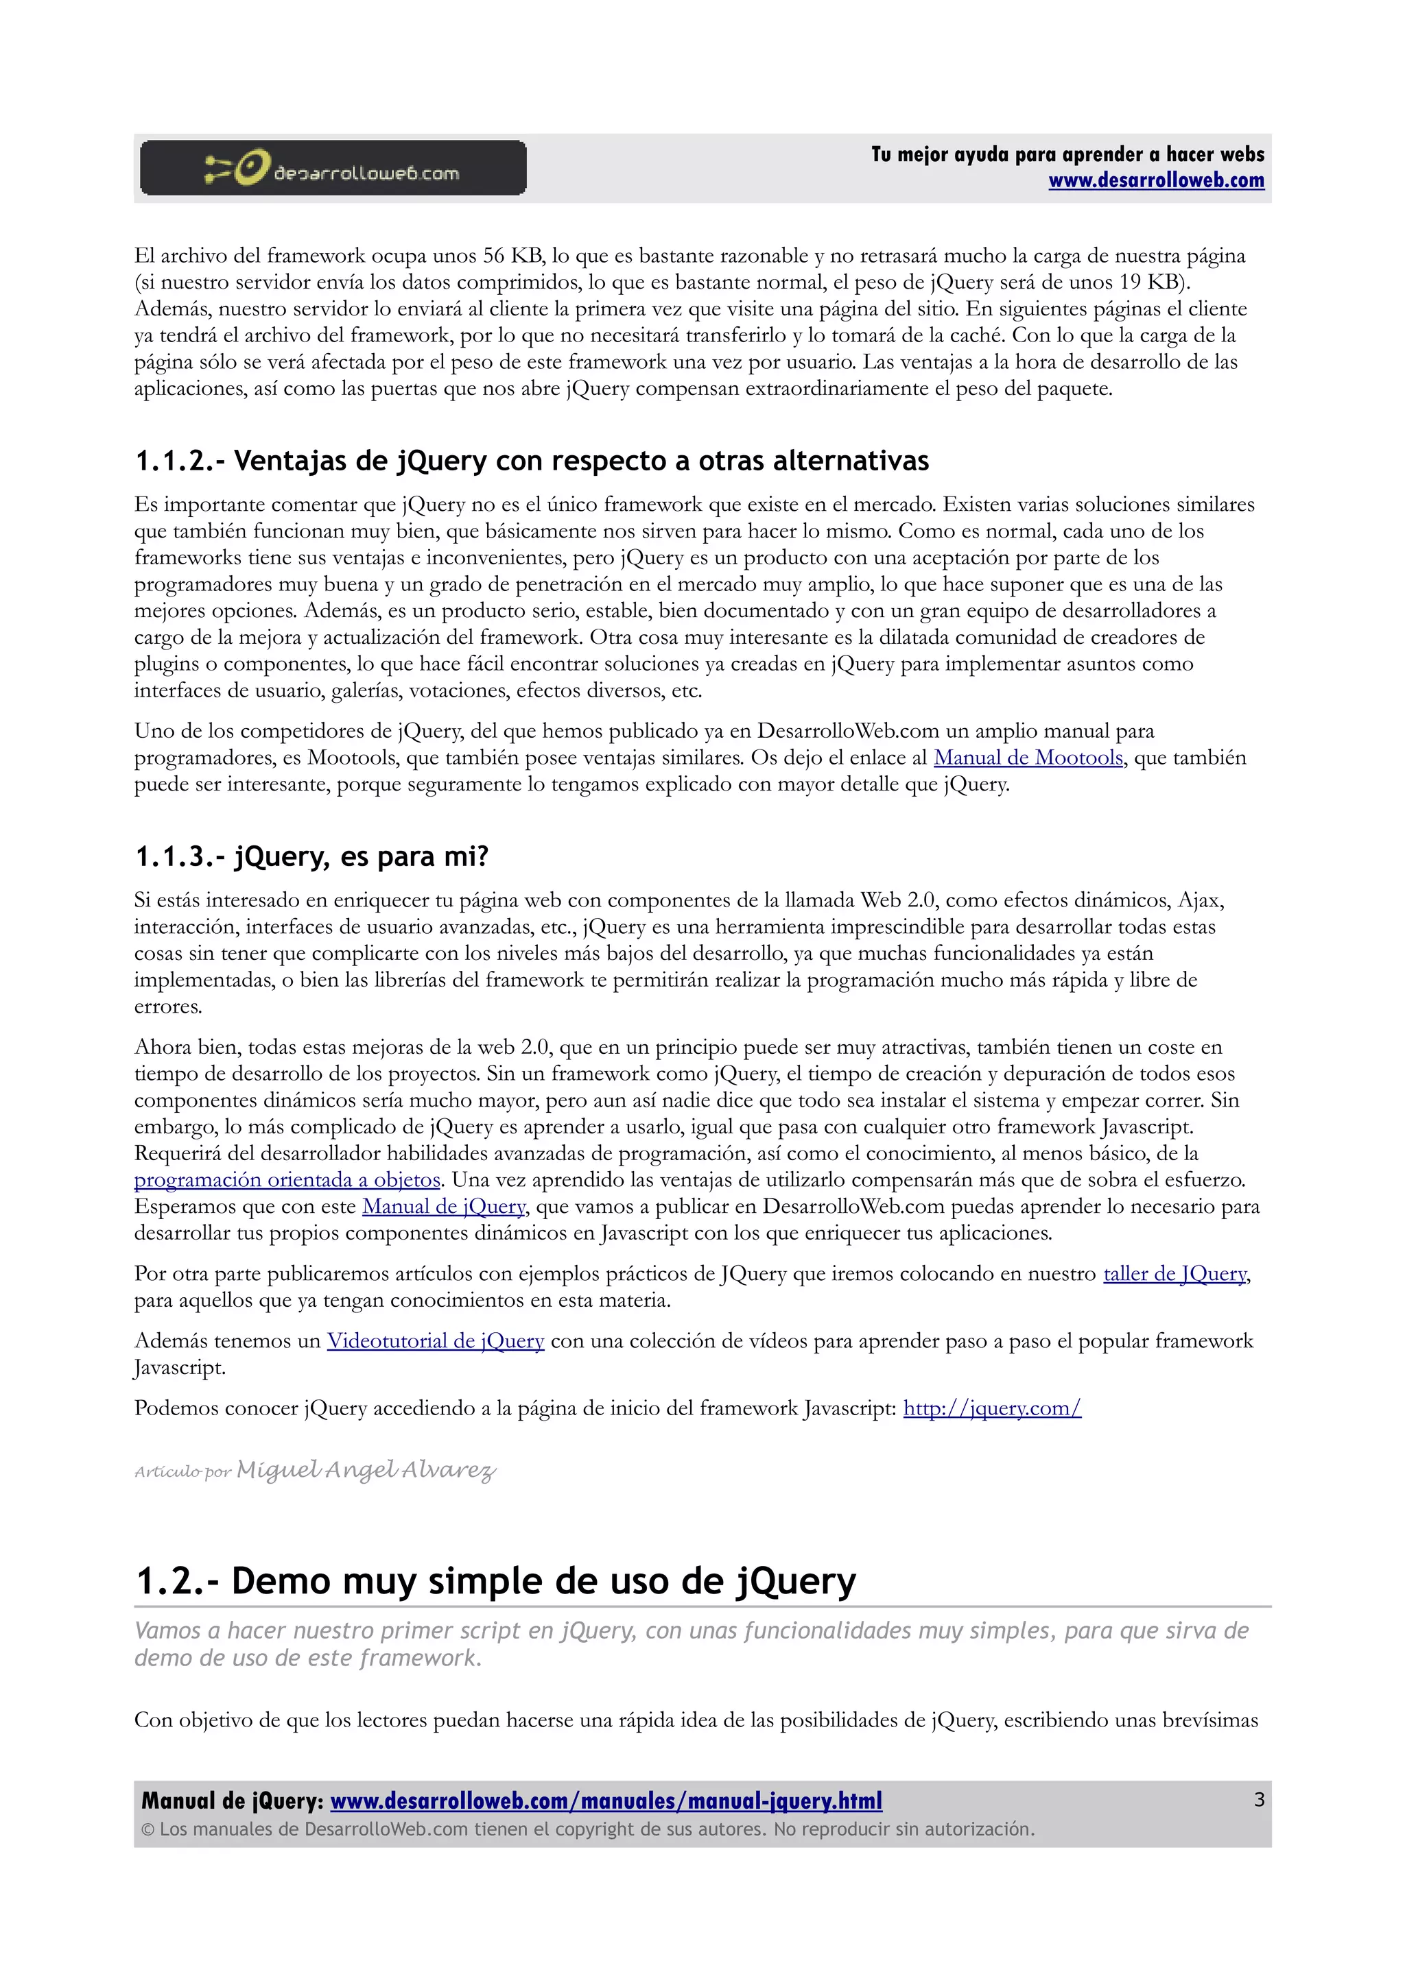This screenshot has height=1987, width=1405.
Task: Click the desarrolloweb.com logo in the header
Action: tap(333, 168)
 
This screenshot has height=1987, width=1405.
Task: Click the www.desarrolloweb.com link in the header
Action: tap(1156, 181)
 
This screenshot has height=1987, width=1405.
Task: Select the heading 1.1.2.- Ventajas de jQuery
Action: tap(532, 460)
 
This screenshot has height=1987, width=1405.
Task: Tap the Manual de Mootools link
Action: tap(1028, 758)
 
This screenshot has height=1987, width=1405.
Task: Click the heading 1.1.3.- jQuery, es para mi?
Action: tap(311, 857)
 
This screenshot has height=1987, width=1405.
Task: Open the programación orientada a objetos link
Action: tap(287, 1181)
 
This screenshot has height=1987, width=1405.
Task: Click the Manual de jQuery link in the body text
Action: tap(443, 1207)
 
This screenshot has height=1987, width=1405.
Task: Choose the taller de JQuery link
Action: tap(1174, 1274)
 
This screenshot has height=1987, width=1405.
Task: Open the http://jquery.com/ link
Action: tap(992, 1409)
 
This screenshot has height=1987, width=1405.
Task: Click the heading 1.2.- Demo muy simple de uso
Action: tap(495, 1581)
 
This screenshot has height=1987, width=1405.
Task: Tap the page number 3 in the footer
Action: tap(1259, 1800)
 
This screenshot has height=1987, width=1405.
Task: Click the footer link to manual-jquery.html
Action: tap(606, 1801)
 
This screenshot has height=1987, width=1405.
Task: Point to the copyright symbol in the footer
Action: tap(148, 1829)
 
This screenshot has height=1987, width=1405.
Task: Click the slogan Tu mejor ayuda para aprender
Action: tap(1067, 155)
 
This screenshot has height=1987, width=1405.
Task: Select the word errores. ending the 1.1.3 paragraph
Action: tap(168, 1007)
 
